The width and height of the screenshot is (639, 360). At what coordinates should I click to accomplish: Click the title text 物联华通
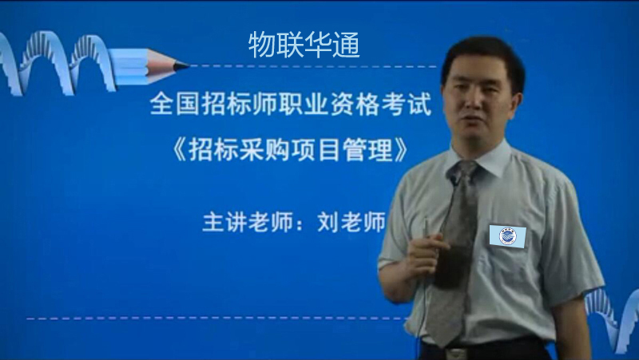[x=304, y=45]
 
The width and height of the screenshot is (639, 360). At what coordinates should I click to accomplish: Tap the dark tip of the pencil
[x=181, y=65]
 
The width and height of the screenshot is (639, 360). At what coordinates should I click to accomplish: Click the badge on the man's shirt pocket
[x=507, y=236]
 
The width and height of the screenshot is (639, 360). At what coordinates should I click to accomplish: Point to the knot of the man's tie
[x=463, y=170]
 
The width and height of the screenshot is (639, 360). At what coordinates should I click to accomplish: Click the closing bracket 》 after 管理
[x=402, y=150]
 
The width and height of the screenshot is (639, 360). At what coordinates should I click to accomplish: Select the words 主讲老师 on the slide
[x=248, y=222]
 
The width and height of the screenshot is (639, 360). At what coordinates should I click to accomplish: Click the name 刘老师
[x=351, y=222]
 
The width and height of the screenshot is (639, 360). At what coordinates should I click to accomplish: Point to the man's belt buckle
[x=456, y=353]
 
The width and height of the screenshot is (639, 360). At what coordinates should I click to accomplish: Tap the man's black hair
[x=484, y=57]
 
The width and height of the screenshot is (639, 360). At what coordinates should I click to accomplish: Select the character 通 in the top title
[x=347, y=45]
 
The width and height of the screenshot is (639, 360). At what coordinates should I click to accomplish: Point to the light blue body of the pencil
[x=129, y=66]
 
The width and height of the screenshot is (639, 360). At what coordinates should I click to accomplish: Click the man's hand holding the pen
[x=427, y=251]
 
